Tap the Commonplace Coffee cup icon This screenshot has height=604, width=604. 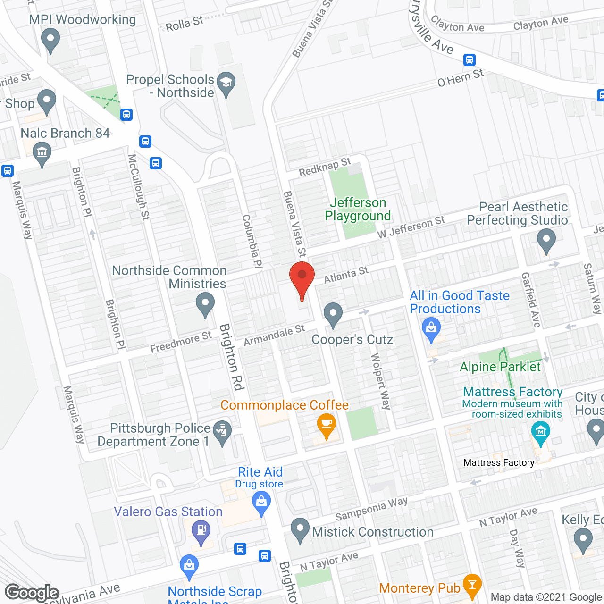click(327, 424)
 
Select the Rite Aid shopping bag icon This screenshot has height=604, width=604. click(261, 502)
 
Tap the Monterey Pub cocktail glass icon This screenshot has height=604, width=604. click(472, 584)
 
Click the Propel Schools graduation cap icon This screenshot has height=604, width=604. click(226, 84)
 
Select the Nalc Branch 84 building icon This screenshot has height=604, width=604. click(42, 152)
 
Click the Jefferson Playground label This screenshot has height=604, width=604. click(358, 209)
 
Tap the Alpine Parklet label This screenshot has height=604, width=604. click(500, 367)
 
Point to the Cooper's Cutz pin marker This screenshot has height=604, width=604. click(333, 313)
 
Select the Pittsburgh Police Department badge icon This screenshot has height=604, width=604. click(222, 431)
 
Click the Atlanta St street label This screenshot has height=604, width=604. click(346, 275)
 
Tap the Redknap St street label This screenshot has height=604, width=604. click(325, 167)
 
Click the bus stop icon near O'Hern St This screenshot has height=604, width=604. click(469, 60)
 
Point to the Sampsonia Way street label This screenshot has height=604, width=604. click(371, 509)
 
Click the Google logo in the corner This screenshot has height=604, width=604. click(32, 593)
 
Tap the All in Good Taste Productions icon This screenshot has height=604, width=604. click(431, 327)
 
